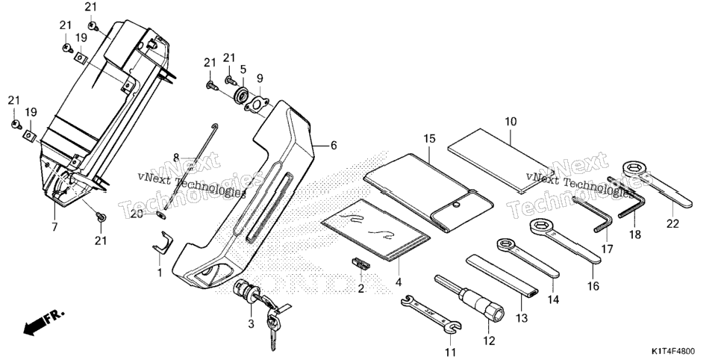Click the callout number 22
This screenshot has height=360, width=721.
[x=672, y=224]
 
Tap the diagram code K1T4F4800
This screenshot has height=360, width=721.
[x=673, y=351]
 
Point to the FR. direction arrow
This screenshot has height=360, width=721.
[x=44, y=323]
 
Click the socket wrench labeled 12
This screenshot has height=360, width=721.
[x=469, y=299]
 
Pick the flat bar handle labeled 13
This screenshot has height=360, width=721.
[x=502, y=276]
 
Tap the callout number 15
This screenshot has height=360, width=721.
[x=429, y=139]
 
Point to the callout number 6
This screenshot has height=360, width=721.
[x=334, y=146]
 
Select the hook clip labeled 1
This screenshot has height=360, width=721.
[x=163, y=243]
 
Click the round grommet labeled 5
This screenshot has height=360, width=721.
[x=242, y=97]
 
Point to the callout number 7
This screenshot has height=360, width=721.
[x=54, y=226]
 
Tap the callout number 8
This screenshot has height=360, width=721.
[x=176, y=157]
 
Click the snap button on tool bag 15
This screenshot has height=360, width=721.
[x=456, y=204]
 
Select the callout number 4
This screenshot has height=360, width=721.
[x=399, y=282]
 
